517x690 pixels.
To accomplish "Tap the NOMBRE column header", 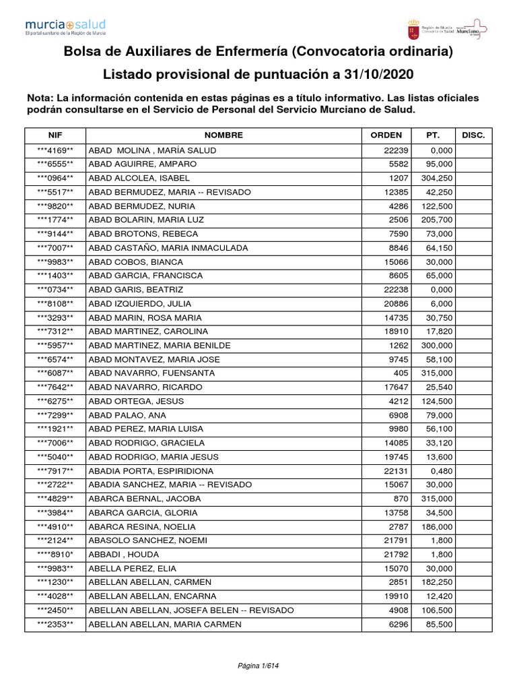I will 223,135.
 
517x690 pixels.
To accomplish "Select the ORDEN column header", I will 386,135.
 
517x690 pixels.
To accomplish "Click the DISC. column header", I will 474,135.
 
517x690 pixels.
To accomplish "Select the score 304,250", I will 436,178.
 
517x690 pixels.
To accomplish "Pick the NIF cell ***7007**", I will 55,248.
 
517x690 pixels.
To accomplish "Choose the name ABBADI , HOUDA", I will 123,554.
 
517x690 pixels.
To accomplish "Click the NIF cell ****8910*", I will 55,554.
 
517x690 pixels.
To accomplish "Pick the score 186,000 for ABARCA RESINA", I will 436,526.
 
